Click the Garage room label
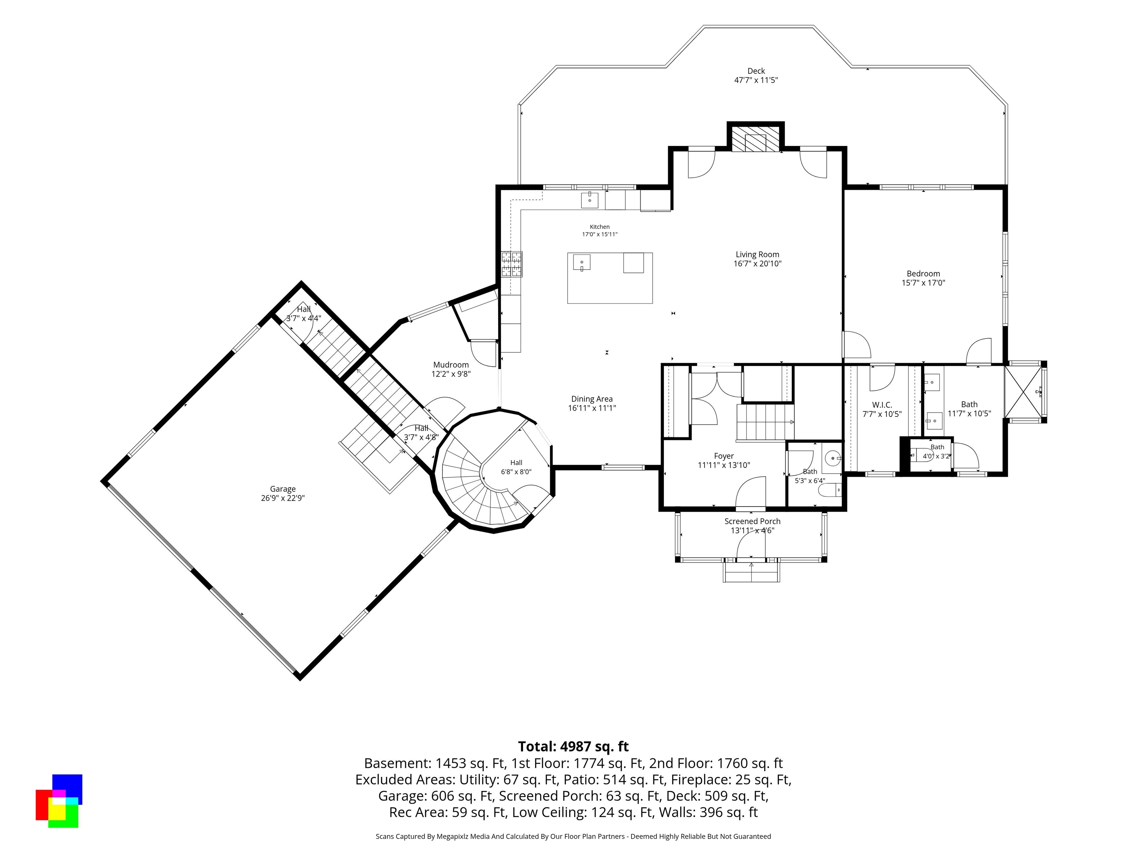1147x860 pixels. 283,489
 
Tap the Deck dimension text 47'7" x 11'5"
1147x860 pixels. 756,80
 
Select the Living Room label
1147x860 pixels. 757,255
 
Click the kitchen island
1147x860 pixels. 610,278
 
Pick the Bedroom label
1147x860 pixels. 923,274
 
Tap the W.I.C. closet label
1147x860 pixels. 882,405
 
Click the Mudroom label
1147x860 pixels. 451,365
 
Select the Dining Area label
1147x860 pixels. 592,399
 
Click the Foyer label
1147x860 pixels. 724,456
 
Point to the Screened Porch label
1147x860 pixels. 752,521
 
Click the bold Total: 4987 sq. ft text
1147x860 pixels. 573,747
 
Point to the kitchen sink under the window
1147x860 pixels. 590,200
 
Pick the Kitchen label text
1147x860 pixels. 599,227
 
